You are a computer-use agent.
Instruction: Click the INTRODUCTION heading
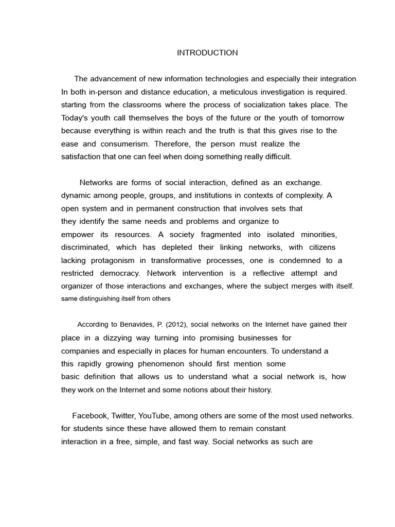tap(207, 52)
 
